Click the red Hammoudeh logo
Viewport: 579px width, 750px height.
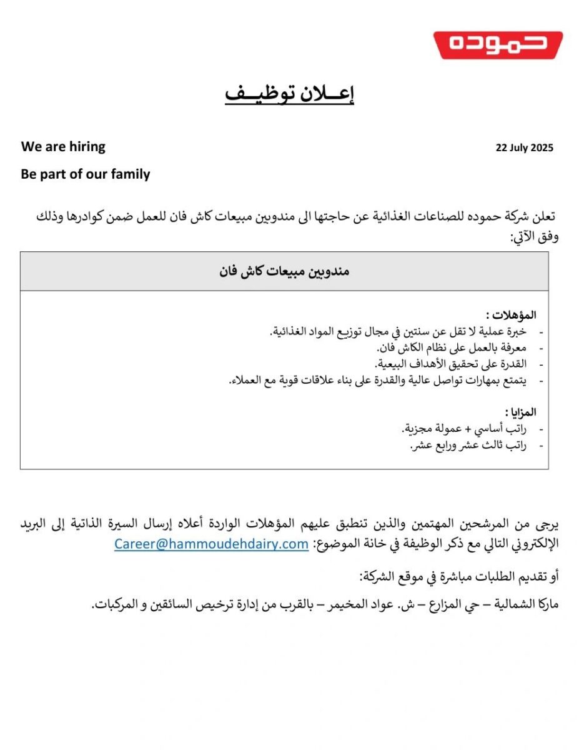pyautogui.click(x=498, y=44)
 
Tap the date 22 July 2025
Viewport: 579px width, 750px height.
pyautogui.click(x=524, y=148)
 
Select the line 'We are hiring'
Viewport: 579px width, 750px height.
pyautogui.click(x=63, y=147)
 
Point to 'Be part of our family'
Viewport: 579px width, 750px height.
pyautogui.click(x=86, y=174)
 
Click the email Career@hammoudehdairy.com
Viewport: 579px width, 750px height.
pyautogui.click(x=211, y=544)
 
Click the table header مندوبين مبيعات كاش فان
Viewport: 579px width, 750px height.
pyautogui.click(x=284, y=271)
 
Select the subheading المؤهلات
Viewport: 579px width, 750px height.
pyautogui.click(x=511, y=314)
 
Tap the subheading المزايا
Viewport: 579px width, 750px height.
pyautogui.click(x=520, y=412)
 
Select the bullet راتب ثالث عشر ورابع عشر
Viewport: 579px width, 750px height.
pyautogui.click(x=468, y=446)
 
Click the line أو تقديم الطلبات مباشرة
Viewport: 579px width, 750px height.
pyautogui.click(x=458, y=576)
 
